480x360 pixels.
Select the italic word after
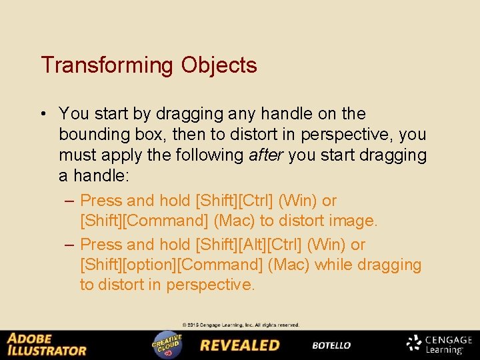coord(265,155)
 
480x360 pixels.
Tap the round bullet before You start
coord(43,114)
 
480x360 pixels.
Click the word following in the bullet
coord(210,155)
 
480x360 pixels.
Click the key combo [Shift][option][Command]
coord(171,265)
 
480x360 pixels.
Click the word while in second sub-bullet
coord(333,265)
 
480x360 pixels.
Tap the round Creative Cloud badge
coord(167,345)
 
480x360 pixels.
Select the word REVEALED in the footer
coord(240,345)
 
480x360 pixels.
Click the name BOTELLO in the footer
coord(331,345)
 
